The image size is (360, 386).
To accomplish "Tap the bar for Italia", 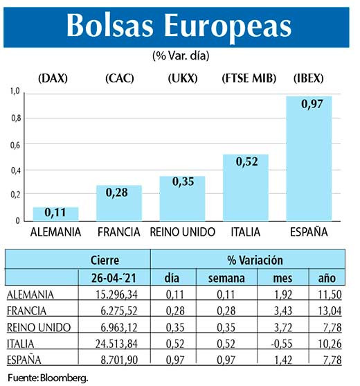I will coord(245,187).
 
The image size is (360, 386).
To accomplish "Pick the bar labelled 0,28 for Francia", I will coord(119,203).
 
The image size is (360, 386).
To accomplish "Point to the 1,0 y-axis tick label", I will coord(15,91).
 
